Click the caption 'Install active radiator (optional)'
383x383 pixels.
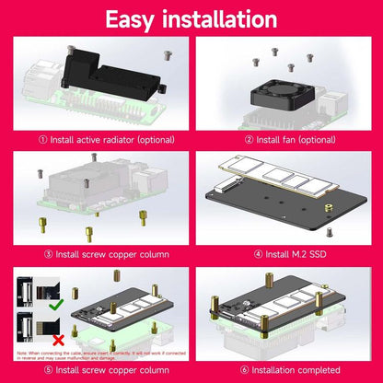[x=100, y=140]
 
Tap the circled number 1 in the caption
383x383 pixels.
[x=41, y=140]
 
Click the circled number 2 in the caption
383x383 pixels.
[x=250, y=140]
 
